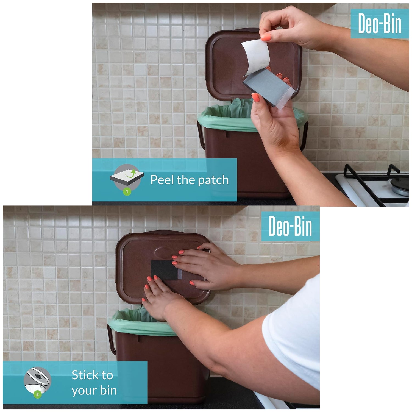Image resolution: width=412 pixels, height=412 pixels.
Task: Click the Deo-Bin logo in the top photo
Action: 380,24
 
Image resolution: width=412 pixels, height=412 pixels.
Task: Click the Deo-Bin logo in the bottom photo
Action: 290,226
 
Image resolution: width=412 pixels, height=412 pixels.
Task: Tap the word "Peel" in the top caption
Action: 162,180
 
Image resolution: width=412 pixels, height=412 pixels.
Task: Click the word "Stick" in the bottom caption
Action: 92,375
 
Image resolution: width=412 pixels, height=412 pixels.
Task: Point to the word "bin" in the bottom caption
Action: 108,390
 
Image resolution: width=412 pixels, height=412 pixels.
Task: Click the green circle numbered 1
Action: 127,191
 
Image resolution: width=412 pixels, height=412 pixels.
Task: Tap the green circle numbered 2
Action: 37,395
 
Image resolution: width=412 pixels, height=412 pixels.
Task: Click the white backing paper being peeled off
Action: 255,56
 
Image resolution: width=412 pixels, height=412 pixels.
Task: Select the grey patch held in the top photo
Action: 268,88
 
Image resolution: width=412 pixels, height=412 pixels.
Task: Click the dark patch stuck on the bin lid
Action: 165,270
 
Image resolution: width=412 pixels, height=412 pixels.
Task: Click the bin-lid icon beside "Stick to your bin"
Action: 38,380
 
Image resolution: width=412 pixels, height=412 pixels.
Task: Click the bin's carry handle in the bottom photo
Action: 111,339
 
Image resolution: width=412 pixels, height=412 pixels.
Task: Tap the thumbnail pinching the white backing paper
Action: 266,38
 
